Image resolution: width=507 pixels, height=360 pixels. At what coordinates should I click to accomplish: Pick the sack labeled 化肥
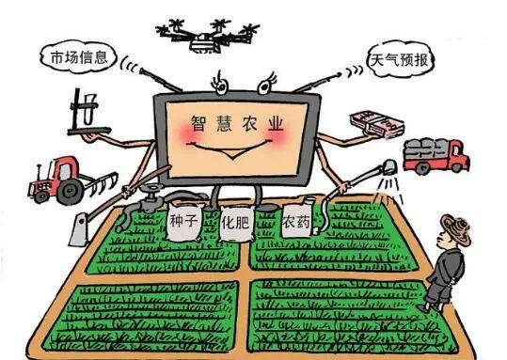coord(236,227)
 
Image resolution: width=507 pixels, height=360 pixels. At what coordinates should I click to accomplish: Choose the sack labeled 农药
coord(293,226)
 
